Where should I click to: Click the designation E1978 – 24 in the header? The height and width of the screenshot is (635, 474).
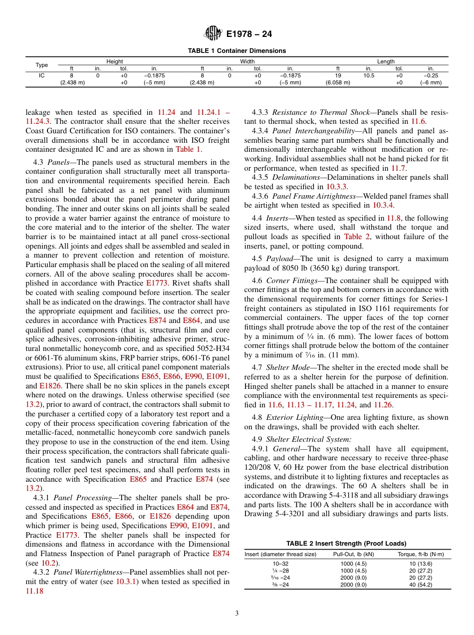click(248, 34)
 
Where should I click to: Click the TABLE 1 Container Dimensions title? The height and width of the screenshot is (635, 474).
click(237, 51)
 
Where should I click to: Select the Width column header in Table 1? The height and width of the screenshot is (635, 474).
click(247, 61)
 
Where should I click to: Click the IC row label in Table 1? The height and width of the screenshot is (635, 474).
click(42, 75)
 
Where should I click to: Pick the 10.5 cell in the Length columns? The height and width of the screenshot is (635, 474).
click(369, 75)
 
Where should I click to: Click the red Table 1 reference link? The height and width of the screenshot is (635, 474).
click(187, 149)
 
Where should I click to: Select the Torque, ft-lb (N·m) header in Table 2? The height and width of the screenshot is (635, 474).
click(420, 555)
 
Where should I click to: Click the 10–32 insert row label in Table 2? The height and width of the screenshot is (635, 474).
click(280, 564)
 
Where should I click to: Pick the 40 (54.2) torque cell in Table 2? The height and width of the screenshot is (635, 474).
click(420, 585)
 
